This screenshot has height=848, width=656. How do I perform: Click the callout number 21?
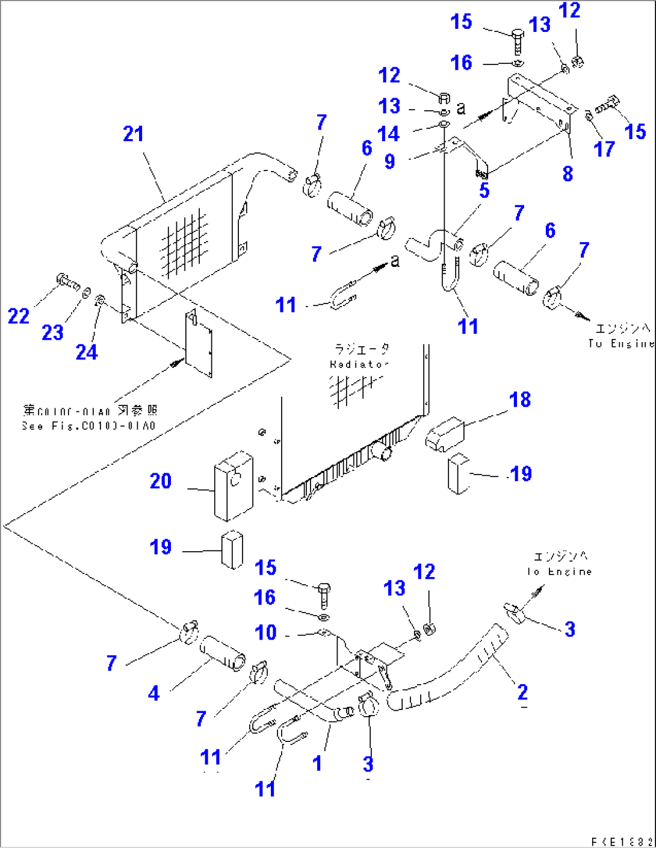(133, 134)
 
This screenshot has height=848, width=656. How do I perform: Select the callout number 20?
(161, 481)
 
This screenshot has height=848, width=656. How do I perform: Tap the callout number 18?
(519, 399)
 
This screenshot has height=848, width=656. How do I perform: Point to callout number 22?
(18, 316)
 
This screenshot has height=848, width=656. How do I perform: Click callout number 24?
(86, 352)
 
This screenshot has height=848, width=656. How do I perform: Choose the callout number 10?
(265, 632)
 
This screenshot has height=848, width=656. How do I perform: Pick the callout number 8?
(568, 173)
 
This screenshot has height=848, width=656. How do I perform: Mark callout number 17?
(604, 149)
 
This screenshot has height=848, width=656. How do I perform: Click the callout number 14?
(389, 133)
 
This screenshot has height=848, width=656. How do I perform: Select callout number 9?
(390, 161)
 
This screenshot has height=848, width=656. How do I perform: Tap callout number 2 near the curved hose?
(522, 691)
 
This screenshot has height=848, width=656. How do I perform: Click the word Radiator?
(359, 364)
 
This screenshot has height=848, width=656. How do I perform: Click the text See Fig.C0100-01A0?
(89, 426)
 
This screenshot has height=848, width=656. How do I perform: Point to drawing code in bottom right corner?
(622, 841)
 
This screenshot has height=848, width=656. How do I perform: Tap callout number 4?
(154, 693)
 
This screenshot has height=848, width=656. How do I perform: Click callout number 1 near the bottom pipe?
(317, 763)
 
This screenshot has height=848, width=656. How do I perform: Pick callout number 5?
(484, 191)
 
